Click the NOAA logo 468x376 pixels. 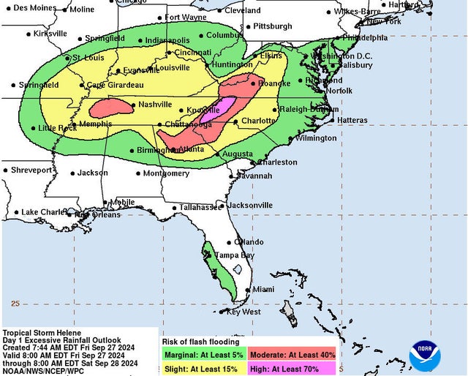pyautogui.click(x=425, y=355)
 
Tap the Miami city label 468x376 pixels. pyautogui.click(x=263, y=290)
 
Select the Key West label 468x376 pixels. pyautogui.click(x=244, y=312)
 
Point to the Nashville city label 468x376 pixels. pyautogui.click(x=155, y=104)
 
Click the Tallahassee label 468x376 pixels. pyautogui.click(x=200, y=207)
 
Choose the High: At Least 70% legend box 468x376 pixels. pyautogui.click(x=292, y=369)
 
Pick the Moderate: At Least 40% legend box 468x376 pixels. pyautogui.click(x=292, y=355)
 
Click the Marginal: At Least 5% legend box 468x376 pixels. pyautogui.click(x=203, y=355)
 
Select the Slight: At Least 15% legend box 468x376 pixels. pyautogui.click(x=203, y=369)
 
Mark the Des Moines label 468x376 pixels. pyautogui.click(x=34, y=7)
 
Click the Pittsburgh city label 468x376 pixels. pyautogui.click(x=272, y=26)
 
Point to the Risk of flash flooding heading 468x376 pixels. pyautogui.click(x=200, y=342)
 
